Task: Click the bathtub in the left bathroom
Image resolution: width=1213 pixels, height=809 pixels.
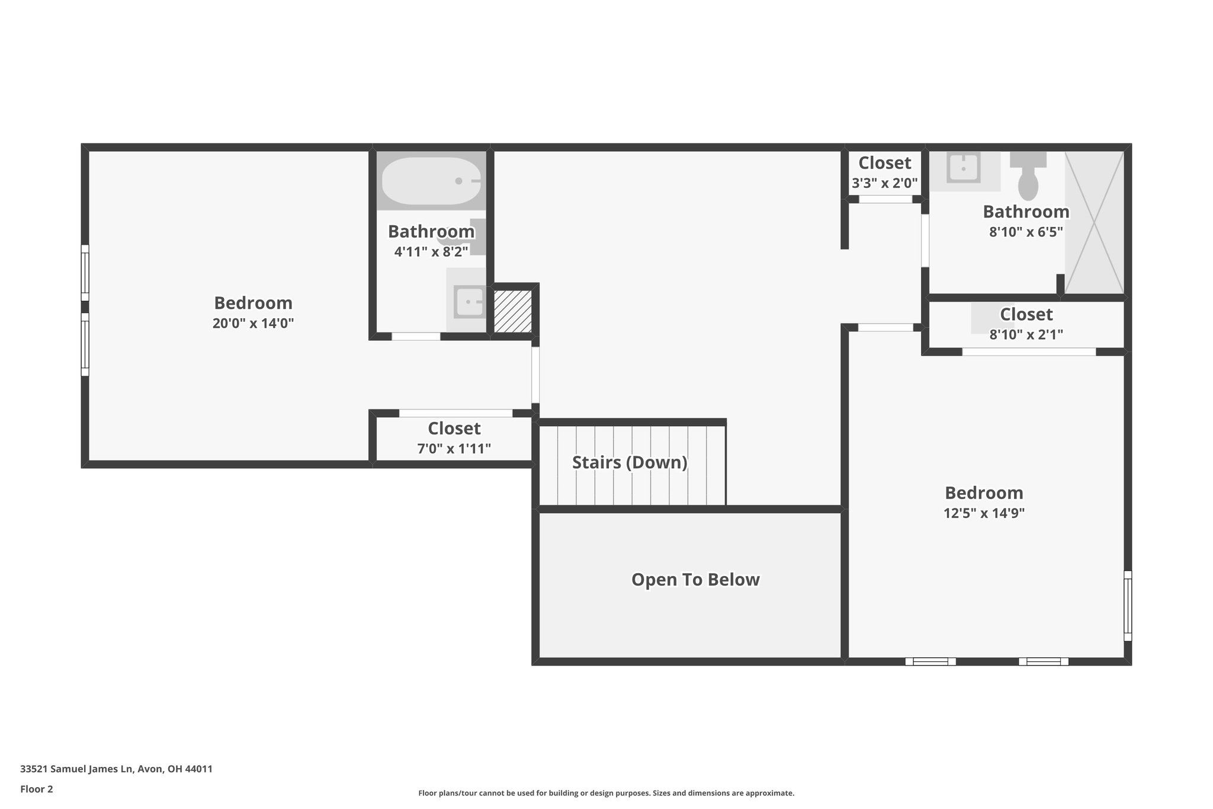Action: click(431, 181)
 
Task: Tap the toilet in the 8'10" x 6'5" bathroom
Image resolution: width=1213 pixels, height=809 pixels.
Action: click(1028, 175)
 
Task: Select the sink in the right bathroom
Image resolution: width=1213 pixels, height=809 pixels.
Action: click(964, 168)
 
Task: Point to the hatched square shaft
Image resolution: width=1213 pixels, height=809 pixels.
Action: click(513, 311)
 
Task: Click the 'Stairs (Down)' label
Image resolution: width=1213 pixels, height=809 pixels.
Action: click(630, 462)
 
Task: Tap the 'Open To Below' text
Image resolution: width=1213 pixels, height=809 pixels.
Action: click(695, 579)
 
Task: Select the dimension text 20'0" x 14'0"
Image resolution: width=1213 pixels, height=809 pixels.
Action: click(253, 324)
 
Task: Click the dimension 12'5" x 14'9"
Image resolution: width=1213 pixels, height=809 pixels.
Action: click(984, 513)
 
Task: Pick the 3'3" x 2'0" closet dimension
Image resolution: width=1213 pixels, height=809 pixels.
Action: click(885, 184)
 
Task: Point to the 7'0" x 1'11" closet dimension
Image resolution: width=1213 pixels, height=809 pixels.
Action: click(454, 449)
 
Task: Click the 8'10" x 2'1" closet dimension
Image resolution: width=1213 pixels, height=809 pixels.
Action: click(1026, 334)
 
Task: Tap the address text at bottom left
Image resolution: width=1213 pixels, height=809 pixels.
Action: click(116, 769)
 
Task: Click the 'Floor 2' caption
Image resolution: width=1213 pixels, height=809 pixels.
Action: click(37, 789)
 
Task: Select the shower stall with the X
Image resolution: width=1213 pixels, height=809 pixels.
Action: click(1094, 222)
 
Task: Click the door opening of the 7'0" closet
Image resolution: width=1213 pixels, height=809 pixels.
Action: click(455, 413)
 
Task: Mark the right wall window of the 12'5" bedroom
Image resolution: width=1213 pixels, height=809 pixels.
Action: click(1128, 606)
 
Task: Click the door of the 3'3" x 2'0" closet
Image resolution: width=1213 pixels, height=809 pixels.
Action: click(885, 200)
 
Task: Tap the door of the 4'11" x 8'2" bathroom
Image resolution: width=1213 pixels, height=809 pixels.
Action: click(416, 337)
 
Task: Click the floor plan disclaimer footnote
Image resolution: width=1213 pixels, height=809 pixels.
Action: click(606, 793)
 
